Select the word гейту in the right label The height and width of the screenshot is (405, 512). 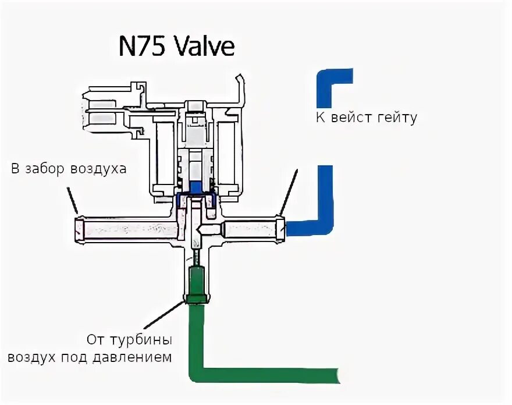397,118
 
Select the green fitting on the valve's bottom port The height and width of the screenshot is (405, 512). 197,285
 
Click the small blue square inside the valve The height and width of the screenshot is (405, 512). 196,187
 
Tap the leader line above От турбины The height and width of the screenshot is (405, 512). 164,315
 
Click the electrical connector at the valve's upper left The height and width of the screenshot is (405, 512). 113,111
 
